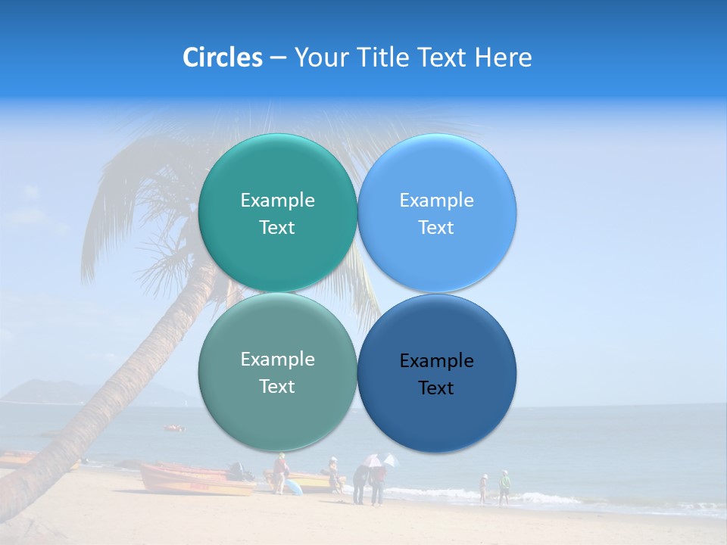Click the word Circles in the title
[x=222, y=58]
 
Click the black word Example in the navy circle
[x=437, y=361]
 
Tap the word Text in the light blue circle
[x=436, y=228]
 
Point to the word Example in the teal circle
[x=277, y=201]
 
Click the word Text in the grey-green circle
[x=277, y=387]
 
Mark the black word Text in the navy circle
[x=436, y=388]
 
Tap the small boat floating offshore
[x=174, y=428]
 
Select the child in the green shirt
[x=504, y=487]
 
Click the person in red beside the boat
[x=280, y=473]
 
